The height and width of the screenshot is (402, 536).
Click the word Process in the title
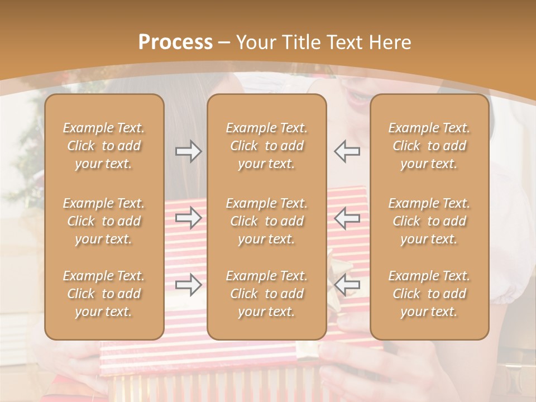pos(175,42)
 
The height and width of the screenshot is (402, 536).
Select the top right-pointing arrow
pos(188,151)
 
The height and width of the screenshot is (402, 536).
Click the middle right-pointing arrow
pos(188,218)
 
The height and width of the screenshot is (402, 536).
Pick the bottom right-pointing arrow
pos(188,285)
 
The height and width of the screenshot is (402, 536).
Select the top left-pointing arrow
pos(347,151)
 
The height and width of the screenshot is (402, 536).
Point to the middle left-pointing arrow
pos(347,218)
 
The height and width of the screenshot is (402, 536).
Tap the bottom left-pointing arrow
pos(347,285)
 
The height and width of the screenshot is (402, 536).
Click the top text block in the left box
pos(104,146)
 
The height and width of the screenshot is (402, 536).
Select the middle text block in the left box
pos(104,221)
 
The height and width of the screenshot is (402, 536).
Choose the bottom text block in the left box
pos(104,294)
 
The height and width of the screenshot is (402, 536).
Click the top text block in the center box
pos(266,146)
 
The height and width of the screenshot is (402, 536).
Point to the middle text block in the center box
pos(266,221)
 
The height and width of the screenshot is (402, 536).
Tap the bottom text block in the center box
pos(266,294)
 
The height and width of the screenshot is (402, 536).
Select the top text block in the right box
pos(429,146)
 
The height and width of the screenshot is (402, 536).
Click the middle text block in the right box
pos(429,221)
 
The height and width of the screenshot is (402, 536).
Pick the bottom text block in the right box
pos(429,294)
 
